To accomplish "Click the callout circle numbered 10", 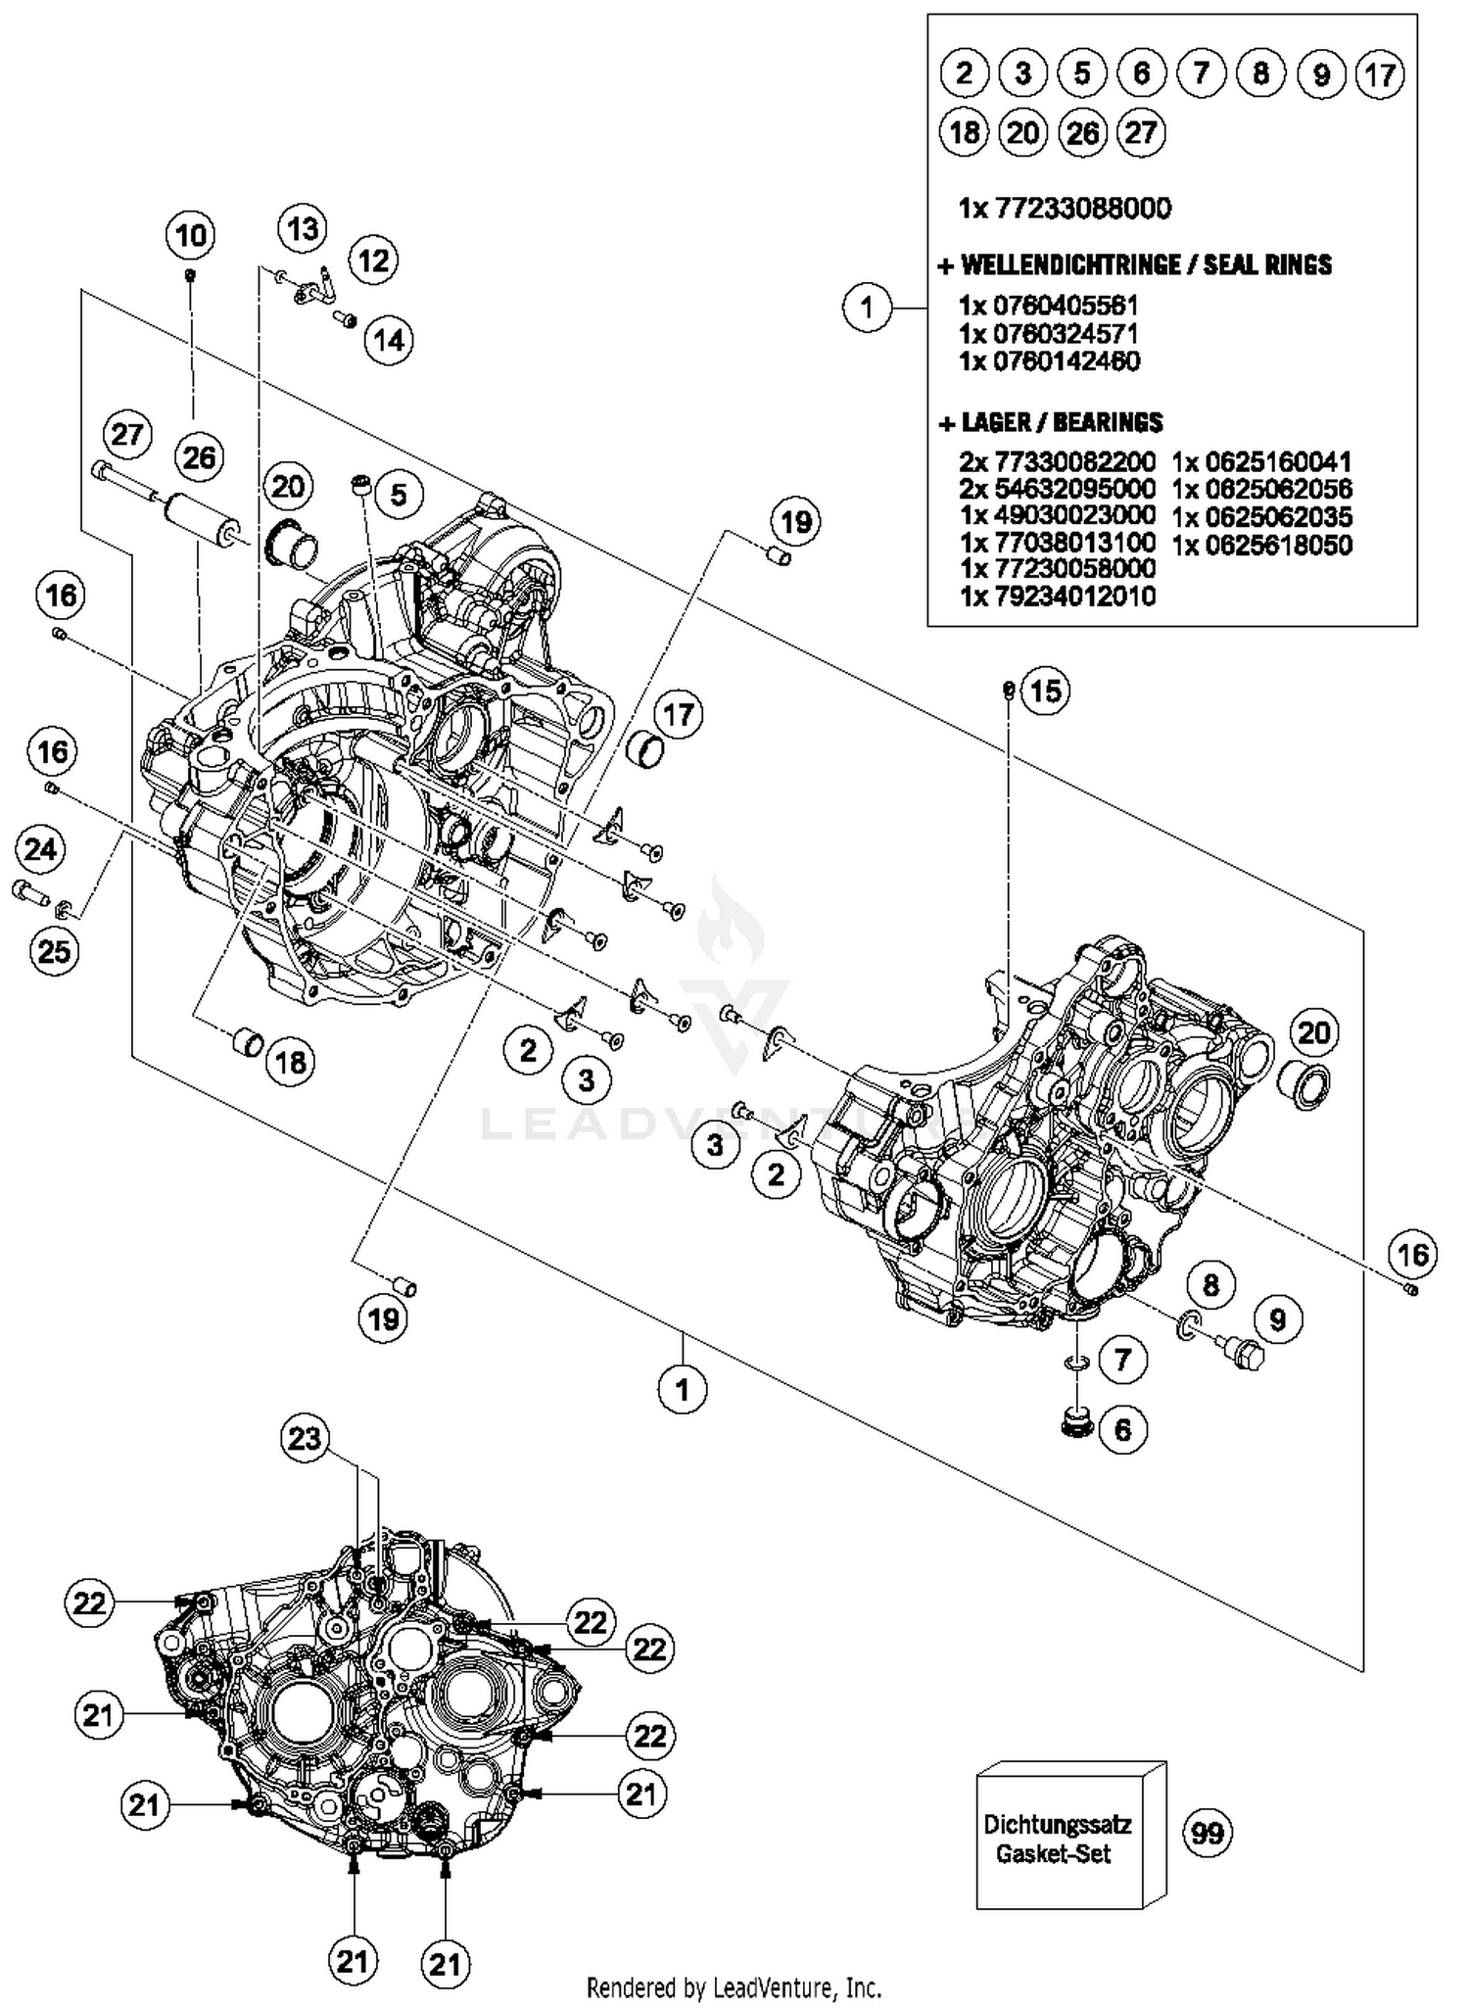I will (x=191, y=235).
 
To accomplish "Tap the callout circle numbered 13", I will (x=303, y=229).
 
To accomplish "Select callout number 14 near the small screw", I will (x=388, y=340).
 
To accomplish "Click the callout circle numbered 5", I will (x=398, y=495).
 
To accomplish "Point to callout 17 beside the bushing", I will (x=678, y=714).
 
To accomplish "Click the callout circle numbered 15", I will (x=1045, y=691).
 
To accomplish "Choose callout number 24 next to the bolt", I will (x=40, y=849).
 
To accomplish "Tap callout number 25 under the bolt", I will (x=53, y=949).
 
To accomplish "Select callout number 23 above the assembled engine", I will (x=305, y=1438).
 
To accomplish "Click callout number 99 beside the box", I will (x=1207, y=1831).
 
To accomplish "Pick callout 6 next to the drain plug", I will (x=1122, y=1429).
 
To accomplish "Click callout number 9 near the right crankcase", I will (x=1277, y=1319).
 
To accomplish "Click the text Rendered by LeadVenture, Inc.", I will (x=734, y=1987).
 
